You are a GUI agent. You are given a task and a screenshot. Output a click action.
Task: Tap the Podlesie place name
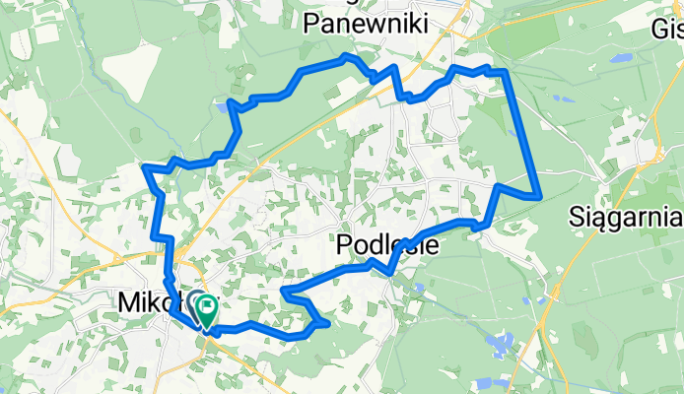click(x=387, y=245)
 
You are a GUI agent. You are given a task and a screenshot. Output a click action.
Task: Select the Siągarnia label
click(x=627, y=215)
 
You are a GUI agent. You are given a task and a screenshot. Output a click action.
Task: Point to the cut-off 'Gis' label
click(x=667, y=29)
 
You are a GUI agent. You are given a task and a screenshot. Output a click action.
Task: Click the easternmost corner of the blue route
click(x=540, y=196)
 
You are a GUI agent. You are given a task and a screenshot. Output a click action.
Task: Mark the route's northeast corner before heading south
click(x=504, y=72)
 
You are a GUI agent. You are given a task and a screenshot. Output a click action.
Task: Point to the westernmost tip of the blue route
click(x=146, y=168)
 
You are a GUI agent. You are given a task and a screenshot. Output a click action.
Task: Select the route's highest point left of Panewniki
click(x=344, y=59)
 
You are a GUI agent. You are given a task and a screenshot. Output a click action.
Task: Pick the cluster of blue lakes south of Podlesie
click(x=499, y=345)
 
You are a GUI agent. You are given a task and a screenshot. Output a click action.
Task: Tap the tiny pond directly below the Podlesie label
click(x=419, y=288)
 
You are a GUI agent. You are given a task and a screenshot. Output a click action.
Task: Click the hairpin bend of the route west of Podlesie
click(x=284, y=292)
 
